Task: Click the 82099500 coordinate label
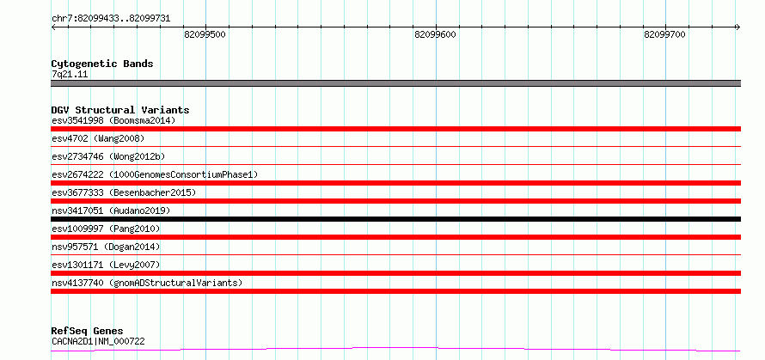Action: pos(205,34)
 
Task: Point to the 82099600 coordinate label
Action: pos(435,34)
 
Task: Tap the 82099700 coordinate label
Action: pos(665,34)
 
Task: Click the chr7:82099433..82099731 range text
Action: pos(111,19)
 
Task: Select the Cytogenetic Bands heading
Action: pos(102,64)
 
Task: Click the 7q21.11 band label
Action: pos(70,75)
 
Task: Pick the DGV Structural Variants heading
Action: pos(120,110)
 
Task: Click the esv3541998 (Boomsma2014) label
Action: pos(113,120)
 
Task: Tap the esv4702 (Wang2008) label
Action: pos(98,138)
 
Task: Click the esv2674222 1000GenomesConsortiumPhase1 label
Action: pos(155,174)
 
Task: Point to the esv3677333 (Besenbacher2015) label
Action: pos(124,192)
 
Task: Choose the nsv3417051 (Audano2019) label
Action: pos(111,211)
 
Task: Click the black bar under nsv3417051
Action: pos(395,219)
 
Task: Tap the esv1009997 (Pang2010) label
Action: pos(106,229)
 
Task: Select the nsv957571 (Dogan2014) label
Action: pos(106,247)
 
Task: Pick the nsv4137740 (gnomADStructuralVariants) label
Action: pos(147,283)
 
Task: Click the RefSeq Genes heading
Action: pos(88,332)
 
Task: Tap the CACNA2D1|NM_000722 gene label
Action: pos(98,341)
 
